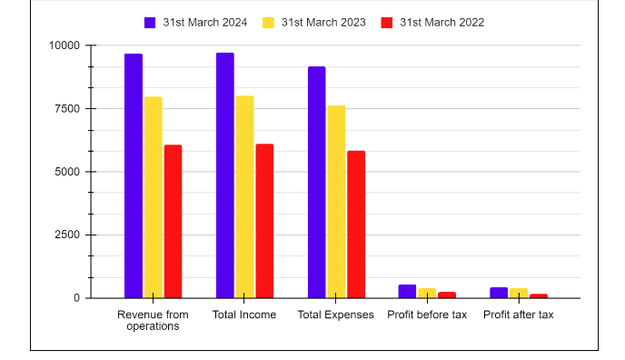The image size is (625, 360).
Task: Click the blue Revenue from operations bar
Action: pyautogui.click(x=134, y=175)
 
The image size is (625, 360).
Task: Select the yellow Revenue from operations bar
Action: pyautogui.click(x=154, y=197)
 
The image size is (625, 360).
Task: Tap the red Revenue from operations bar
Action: pyautogui.click(x=173, y=221)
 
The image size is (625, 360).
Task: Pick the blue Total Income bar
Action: pyautogui.click(x=225, y=175)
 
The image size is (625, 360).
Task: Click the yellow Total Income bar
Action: pyautogui.click(x=244, y=196)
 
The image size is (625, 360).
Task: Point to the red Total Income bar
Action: pyautogui.click(x=264, y=221)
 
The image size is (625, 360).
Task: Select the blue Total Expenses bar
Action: pyautogui.click(x=316, y=182)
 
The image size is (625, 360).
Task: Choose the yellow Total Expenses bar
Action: pyautogui.click(x=336, y=202)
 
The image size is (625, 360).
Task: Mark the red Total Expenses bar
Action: pyautogui.click(x=356, y=225)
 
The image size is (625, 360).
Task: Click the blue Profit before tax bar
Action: pyautogui.click(x=407, y=291)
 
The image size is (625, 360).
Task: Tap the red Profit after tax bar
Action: pyautogui.click(x=539, y=295)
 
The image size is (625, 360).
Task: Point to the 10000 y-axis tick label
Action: pyautogui.click(x=64, y=45)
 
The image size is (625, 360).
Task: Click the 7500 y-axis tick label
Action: pyautogui.click(x=66, y=108)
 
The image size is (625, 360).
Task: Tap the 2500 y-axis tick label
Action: pyautogui.click(x=66, y=235)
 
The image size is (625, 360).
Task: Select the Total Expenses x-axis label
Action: pyautogui.click(x=336, y=315)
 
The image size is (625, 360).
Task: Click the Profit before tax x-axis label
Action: pyautogui.click(x=427, y=315)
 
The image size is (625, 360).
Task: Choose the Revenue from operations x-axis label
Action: pyautogui.click(x=154, y=320)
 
